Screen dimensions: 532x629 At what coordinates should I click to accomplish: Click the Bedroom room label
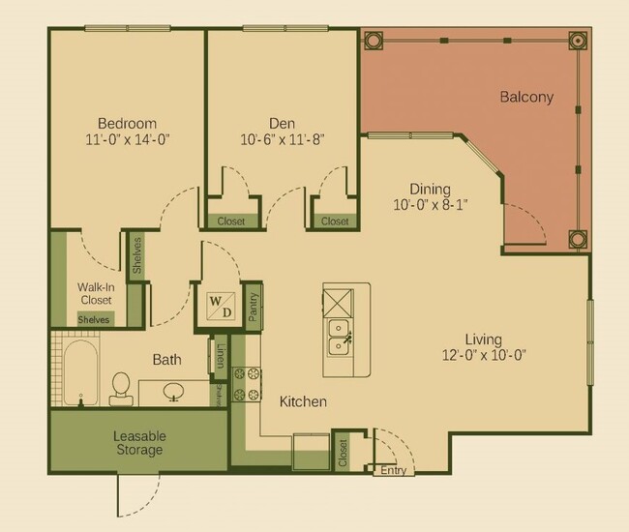coord(127,123)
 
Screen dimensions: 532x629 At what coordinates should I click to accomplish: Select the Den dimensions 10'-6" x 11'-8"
coord(282,139)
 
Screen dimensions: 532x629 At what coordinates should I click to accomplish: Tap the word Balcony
coord(526,97)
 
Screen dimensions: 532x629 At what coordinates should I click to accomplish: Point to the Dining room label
coord(430,190)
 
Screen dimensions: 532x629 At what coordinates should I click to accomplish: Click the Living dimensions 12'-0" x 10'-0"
coord(483,355)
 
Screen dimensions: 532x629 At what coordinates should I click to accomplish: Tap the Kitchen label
coord(303,401)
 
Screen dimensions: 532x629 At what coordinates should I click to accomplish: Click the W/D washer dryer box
coord(220,307)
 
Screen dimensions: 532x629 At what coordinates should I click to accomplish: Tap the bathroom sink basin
coord(174,392)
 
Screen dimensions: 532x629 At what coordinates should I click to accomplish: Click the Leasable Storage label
coord(137,443)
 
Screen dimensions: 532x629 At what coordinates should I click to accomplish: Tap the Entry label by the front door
coord(393,471)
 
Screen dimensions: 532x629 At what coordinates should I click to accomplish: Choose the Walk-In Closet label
coord(96,293)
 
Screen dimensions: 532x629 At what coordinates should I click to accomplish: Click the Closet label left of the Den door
coord(231,222)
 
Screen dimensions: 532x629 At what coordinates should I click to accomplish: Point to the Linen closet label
coord(221,355)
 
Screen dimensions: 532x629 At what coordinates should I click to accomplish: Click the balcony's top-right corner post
coord(578,41)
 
